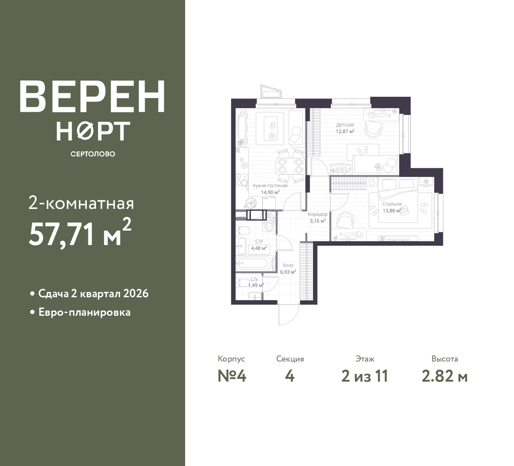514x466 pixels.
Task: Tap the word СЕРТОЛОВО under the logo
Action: click(x=93, y=154)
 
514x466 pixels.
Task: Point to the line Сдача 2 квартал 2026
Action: click(x=93, y=294)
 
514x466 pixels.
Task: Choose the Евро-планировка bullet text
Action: click(x=84, y=313)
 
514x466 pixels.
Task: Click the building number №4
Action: click(x=232, y=376)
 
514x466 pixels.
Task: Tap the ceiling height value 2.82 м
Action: click(x=445, y=376)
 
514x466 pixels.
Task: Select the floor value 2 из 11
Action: click(x=365, y=376)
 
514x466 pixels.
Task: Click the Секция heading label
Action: click(x=290, y=359)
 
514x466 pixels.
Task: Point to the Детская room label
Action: click(x=345, y=125)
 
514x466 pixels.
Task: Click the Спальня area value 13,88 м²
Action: click(x=392, y=211)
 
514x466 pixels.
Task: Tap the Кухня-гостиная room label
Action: click(x=270, y=186)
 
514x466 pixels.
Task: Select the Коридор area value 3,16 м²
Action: click(x=317, y=221)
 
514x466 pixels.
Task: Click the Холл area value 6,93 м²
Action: click(x=288, y=272)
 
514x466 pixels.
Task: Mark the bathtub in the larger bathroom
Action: click(x=255, y=264)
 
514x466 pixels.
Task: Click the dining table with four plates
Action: click(x=289, y=166)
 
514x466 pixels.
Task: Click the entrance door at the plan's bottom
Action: click(x=288, y=314)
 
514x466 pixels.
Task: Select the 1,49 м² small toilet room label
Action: click(x=256, y=285)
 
